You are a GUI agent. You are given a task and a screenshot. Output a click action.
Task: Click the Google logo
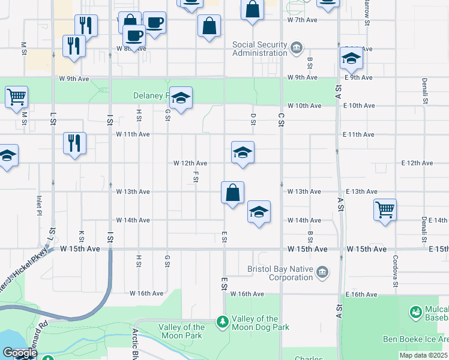19,353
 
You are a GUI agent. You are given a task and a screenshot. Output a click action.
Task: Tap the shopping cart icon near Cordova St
385,210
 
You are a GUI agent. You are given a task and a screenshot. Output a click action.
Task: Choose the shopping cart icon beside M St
16,97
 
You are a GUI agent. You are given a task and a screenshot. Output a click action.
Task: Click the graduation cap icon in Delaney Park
180,97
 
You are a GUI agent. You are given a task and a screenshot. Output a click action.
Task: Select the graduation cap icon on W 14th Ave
259,212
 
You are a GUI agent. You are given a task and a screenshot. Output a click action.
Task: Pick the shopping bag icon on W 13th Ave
232,193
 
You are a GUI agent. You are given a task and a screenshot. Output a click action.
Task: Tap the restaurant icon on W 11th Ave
75,143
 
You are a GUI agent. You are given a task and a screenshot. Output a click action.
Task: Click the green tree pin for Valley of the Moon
223,322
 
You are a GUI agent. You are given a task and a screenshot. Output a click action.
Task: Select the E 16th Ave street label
362,294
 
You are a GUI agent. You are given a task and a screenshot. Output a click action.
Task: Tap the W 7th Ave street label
302,20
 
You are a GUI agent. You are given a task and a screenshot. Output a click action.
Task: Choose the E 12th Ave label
417,163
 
